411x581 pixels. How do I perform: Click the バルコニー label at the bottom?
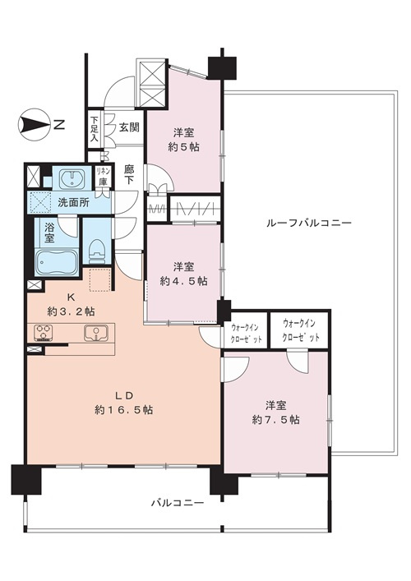[176, 501]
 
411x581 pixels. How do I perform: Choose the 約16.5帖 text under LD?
[125, 409]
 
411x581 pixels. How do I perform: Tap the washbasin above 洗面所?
[72, 179]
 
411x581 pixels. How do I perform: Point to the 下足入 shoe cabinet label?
[95, 131]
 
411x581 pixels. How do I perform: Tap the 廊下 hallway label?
[129, 173]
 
